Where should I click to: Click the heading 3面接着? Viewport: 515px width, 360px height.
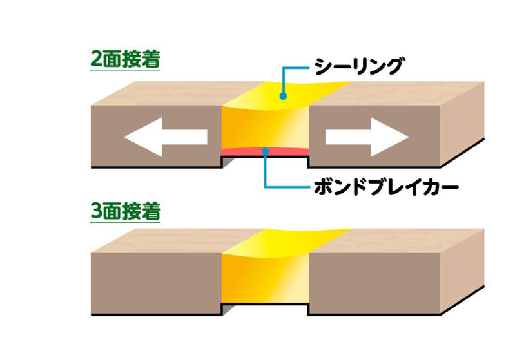[126, 211]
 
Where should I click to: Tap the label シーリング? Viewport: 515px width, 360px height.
[358, 66]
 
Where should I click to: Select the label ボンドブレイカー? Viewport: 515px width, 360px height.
[386, 187]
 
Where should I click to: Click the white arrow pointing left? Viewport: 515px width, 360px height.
[166, 137]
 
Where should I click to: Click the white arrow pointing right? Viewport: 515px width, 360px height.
[367, 137]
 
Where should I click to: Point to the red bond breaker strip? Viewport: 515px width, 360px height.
[266, 152]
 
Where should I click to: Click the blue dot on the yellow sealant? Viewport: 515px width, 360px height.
[283, 96]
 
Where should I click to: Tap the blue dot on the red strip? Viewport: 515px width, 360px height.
[266, 151]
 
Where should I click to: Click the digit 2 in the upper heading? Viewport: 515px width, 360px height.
[96, 59]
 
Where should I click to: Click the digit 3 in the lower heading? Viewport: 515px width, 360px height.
[96, 211]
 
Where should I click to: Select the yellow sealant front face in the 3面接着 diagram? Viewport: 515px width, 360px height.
[266, 279]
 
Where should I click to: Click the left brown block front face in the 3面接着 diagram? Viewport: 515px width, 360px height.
[156, 283]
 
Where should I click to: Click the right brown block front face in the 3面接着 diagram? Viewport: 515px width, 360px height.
[374, 283]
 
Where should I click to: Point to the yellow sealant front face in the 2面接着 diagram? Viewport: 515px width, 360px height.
[266, 128]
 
